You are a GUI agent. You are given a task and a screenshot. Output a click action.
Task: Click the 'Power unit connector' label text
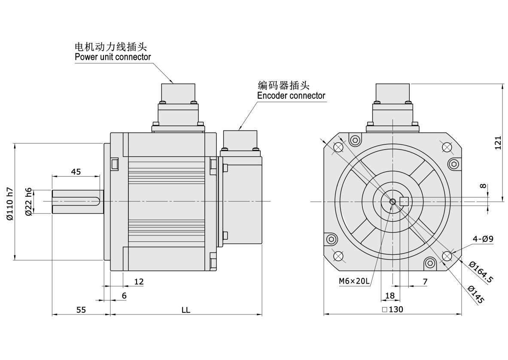tap(113, 57)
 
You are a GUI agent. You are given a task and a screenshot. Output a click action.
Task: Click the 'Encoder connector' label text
tap(291, 96)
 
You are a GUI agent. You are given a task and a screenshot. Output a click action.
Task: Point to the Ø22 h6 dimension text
tap(28, 201)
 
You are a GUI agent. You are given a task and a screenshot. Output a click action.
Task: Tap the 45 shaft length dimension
tap(76, 172)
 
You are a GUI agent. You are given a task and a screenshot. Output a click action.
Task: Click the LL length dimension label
tap(186, 310)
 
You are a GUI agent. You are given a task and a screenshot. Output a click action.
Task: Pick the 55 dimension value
tap(81, 310)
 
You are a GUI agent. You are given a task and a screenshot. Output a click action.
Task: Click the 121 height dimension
tap(498, 143)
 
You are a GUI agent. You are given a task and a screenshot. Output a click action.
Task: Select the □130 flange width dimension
tap(392, 309)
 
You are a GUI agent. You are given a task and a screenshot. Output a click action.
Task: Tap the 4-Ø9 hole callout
tap(483, 239)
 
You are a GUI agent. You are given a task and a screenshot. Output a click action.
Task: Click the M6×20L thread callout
tap(354, 281)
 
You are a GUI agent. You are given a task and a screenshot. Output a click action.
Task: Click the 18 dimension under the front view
tap(390, 296)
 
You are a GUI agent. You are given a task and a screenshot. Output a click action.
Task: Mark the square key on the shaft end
tap(404, 201)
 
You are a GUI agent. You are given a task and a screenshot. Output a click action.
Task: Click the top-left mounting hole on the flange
tap(338, 147)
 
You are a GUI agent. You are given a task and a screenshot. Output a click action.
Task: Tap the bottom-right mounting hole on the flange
tap(447, 256)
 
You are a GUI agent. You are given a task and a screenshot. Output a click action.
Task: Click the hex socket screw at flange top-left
tap(356, 140)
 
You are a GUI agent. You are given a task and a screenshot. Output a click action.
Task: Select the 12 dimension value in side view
tap(139, 282)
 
